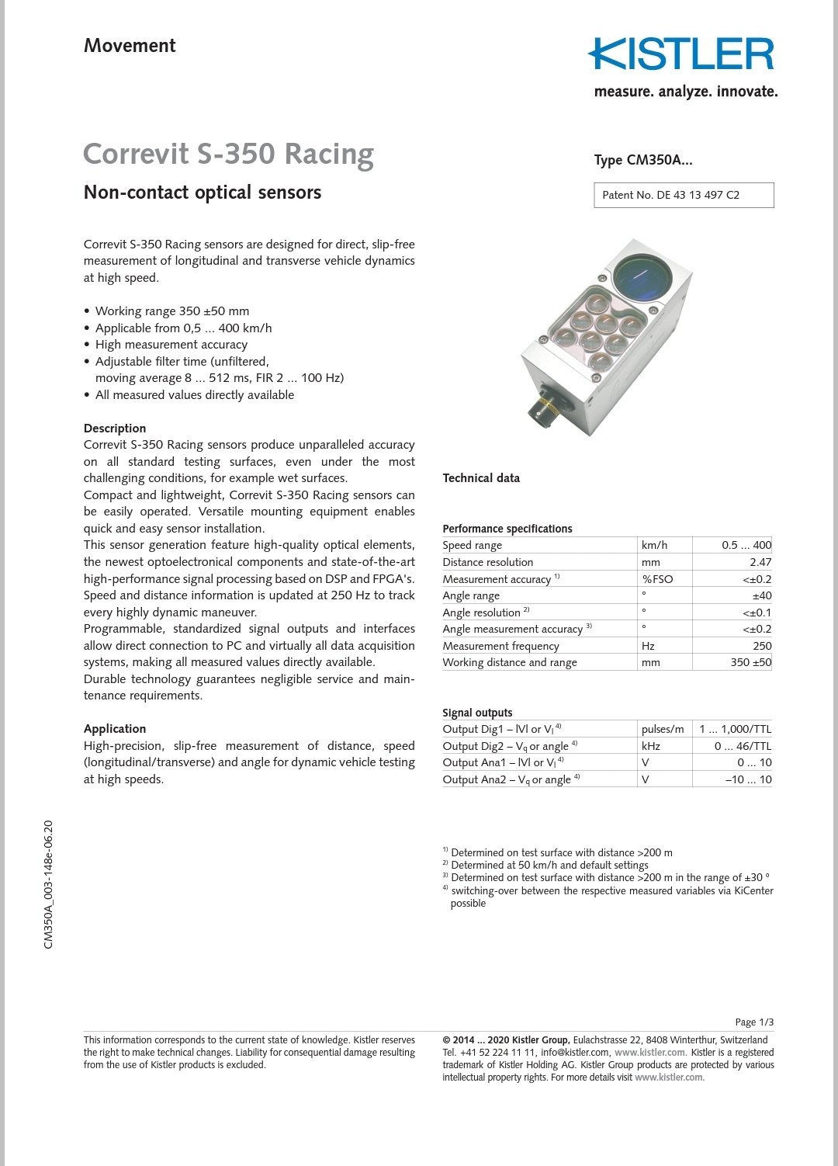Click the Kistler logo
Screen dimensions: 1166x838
(681, 55)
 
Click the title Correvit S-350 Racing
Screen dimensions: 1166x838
(228, 154)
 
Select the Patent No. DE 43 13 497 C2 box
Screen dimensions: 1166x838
(684, 195)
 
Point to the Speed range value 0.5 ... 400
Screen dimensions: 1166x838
(746, 545)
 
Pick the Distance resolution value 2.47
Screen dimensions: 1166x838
(760, 562)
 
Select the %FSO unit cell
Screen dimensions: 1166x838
(657, 579)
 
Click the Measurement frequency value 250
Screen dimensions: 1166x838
(761, 646)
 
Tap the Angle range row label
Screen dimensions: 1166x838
(471, 595)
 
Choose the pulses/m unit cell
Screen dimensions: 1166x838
(663, 729)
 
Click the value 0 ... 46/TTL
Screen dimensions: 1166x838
(743, 746)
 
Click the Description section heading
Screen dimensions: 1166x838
(115, 429)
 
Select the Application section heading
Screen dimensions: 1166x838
(115, 729)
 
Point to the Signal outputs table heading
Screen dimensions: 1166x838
(477, 713)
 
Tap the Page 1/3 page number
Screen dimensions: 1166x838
(753, 1022)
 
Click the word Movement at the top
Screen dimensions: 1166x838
(130, 46)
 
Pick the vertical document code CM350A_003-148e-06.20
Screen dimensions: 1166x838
(49, 884)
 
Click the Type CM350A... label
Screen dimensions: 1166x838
(643, 160)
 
